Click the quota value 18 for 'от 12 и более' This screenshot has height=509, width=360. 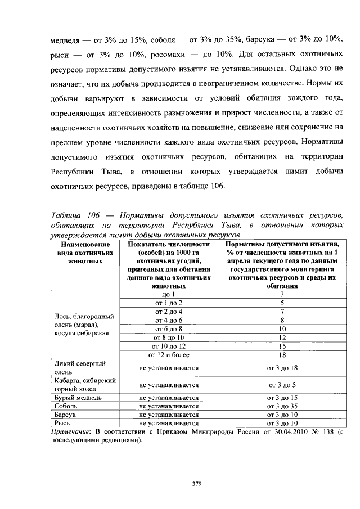point(283,354)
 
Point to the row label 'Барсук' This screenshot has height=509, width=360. point(62,414)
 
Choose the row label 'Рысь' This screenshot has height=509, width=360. point(60,422)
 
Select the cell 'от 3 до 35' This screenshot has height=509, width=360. point(283,406)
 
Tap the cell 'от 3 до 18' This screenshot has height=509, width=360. point(283,367)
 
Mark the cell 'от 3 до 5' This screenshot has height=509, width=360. point(283,385)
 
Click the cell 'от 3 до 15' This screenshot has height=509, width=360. point(283,397)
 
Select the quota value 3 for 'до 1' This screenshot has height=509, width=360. point(283,294)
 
